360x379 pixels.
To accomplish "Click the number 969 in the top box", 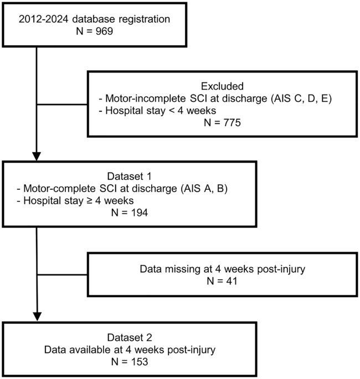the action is [x=104, y=31].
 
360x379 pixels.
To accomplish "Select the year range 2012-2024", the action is [x=44, y=19].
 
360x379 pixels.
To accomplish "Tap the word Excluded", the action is [x=222, y=86].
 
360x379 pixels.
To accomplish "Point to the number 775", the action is [x=232, y=122].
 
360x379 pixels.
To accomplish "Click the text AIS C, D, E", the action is [x=301, y=98].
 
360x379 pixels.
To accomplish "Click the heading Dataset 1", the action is [x=130, y=176].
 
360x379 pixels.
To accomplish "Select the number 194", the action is [x=139, y=212].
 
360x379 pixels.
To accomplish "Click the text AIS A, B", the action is [x=204, y=189].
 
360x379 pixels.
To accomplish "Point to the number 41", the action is [x=232, y=281].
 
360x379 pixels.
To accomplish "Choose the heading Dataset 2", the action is [x=130, y=338].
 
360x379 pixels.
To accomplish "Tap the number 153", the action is [x=139, y=362].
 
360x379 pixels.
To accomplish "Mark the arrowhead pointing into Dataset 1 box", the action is [x=37, y=157].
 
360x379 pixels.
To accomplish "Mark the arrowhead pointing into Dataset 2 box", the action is [x=37, y=317].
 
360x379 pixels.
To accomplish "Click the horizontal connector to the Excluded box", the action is [x=61, y=105].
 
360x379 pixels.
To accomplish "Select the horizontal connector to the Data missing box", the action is [x=62, y=274].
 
